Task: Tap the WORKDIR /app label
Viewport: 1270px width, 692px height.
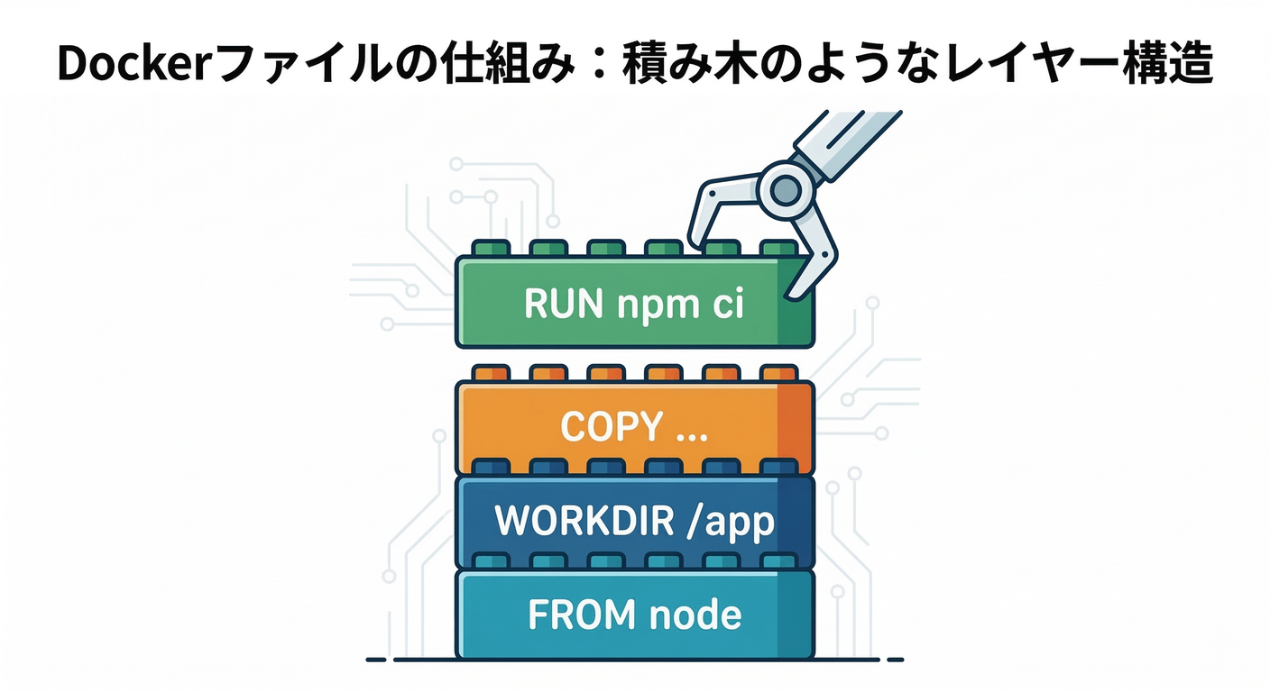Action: tap(635, 522)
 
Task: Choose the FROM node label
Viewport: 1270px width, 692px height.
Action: tap(634, 615)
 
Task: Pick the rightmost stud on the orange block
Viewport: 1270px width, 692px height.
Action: tap(778, 373)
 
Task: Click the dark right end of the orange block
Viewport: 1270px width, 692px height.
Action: tap(795, 427)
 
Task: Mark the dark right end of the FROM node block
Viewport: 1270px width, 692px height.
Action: tap(795, 615)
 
